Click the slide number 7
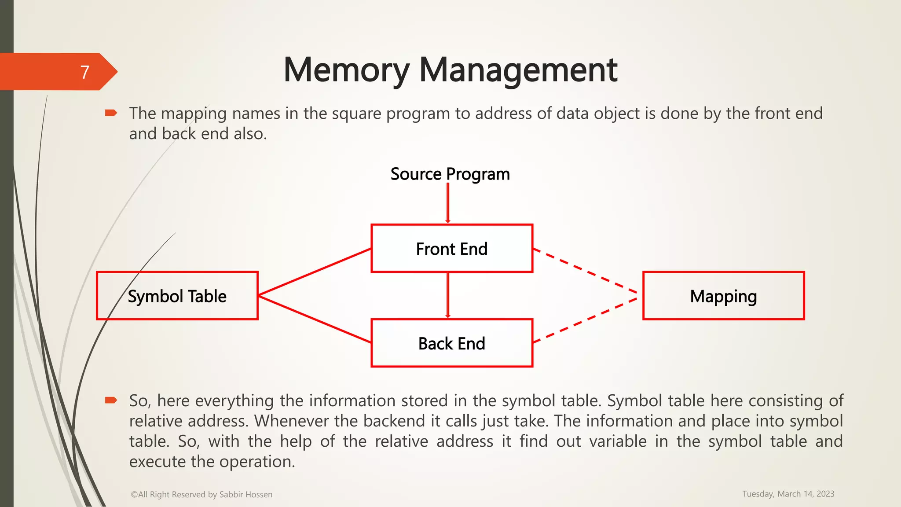coord(85,72)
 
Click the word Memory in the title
coord(347,70)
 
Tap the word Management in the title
coord(518,70)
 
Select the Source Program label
coord(450,174)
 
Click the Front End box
coord(452,249)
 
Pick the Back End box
coord(452,343)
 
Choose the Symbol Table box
coord(177,296)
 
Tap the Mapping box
coord(723,296)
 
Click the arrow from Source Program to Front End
coord(448,202)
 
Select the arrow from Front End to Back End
coord(448,295)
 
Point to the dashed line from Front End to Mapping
coord(585,271)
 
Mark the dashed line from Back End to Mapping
coord(585,320)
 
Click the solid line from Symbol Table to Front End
coord(315,272)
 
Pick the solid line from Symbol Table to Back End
coord(315,319)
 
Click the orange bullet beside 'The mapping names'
coord(110,114)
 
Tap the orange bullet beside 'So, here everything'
coord(110,400)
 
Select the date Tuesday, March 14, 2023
coord(788,494)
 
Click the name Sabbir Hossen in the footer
coord(245,495)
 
